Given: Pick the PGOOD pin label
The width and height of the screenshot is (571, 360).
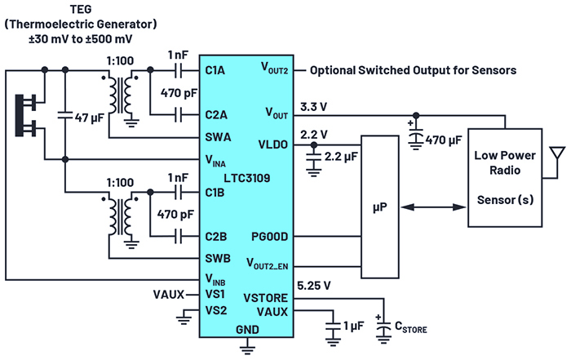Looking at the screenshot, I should point(269,237).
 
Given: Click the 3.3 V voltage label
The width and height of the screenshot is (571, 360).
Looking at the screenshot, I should point(316,106).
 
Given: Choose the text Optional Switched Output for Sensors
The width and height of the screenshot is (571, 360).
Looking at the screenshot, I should point(413,71).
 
